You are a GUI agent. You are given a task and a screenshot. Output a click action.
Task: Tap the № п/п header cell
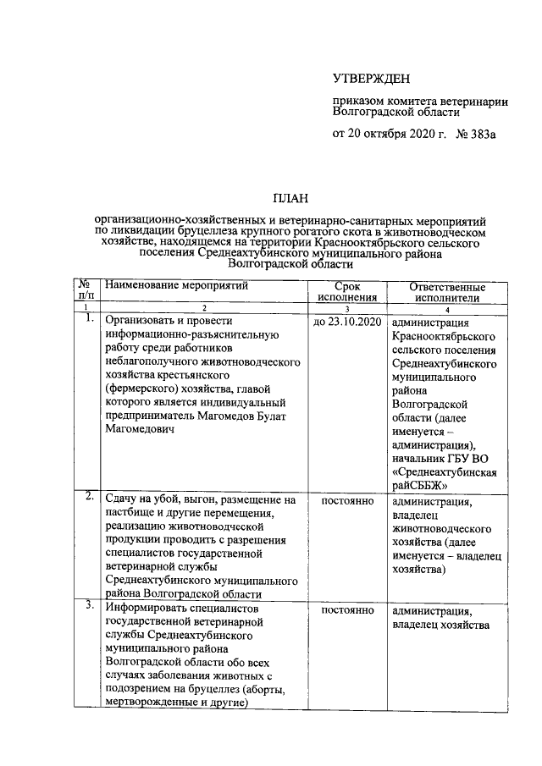[86, 293]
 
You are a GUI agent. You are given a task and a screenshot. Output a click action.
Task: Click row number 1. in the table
[88, 320]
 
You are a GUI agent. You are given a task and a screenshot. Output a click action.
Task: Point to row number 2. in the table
[88, 497]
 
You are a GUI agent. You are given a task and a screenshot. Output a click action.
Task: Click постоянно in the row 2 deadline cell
[346, 501]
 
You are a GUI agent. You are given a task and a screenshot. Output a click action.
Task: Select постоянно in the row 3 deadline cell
[346, 611]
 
